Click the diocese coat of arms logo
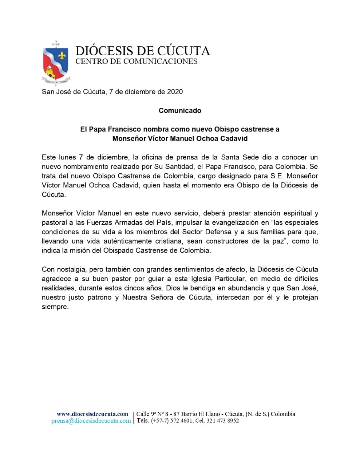click(56, 62)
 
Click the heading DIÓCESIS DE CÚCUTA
click(142, 51)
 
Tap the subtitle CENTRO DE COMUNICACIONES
click(136, 61)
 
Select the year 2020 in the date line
click(175, 92)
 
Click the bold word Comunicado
click(180, 110)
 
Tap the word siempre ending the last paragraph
click(55, 307)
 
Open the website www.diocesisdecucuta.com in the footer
click(92, 414)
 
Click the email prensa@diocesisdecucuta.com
click(91, 421)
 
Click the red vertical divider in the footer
click(134, 417)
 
